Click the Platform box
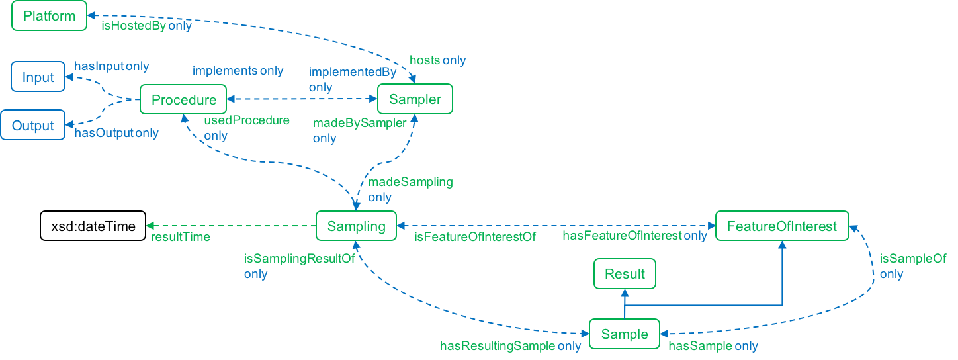(x=49, y=16)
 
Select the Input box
(x=38, y=77)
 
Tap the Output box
(x=33, y=126)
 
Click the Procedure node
(x=183, y=100)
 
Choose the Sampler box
(x=415, y=100)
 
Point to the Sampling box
(x=356, y=226)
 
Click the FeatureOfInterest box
(x=782, y=226)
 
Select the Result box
(x=625, y=274)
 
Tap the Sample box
(x=625, y=334)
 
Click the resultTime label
(x=181, y=237)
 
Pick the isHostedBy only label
(x=146, y=26)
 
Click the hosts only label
(x=438, y=60)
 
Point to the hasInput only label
(x=112, y=66)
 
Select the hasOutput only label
(x=116, y=133)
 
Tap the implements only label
(x=238, y=71)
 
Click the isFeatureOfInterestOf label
(x=474, y=236)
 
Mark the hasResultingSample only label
(x=511, y=346)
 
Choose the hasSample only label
(x=713, y=346)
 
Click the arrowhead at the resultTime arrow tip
(x=150, y=226)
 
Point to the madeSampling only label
(x=410, y=189)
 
